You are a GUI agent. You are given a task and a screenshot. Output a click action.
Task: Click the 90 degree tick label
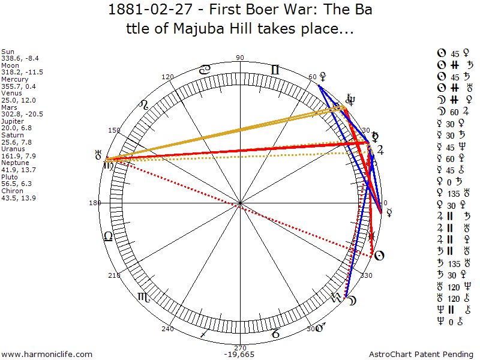(x=241, y=58)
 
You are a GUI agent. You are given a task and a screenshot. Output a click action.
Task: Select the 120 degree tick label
(x=168, y=77)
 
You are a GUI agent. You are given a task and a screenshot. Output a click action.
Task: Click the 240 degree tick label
(x=167, y=329)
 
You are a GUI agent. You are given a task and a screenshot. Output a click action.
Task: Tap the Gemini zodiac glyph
(x=275, y=70)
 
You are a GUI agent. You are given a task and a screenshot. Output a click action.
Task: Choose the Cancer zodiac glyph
(x=205, y=70)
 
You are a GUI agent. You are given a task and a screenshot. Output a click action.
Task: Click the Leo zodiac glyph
(x=143, y=106)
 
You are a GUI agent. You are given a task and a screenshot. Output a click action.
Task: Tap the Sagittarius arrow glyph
(x=205, y=332)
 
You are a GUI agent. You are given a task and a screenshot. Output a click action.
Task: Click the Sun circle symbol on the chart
(x=379, y=256)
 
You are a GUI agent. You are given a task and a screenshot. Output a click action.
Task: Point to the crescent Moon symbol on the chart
(x=352, y=299)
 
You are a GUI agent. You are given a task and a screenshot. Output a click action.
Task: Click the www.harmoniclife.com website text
(x=47, y=355)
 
